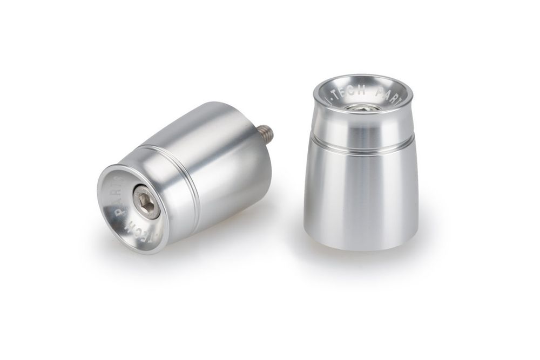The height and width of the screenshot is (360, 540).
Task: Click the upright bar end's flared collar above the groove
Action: point(362,127)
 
